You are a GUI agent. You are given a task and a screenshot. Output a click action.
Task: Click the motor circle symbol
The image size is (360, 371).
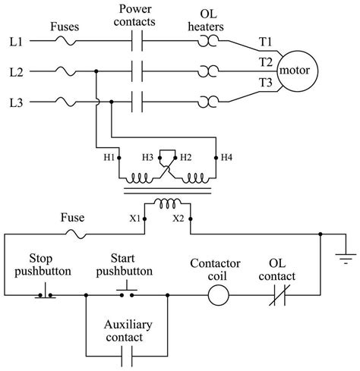pyautogui.click(x=298, y=71)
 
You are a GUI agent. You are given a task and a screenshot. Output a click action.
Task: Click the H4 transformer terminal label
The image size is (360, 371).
pyautogui.click(x=227, y=157)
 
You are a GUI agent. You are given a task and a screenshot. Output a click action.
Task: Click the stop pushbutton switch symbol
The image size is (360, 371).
pyautogui.click(x=43, y=292)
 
